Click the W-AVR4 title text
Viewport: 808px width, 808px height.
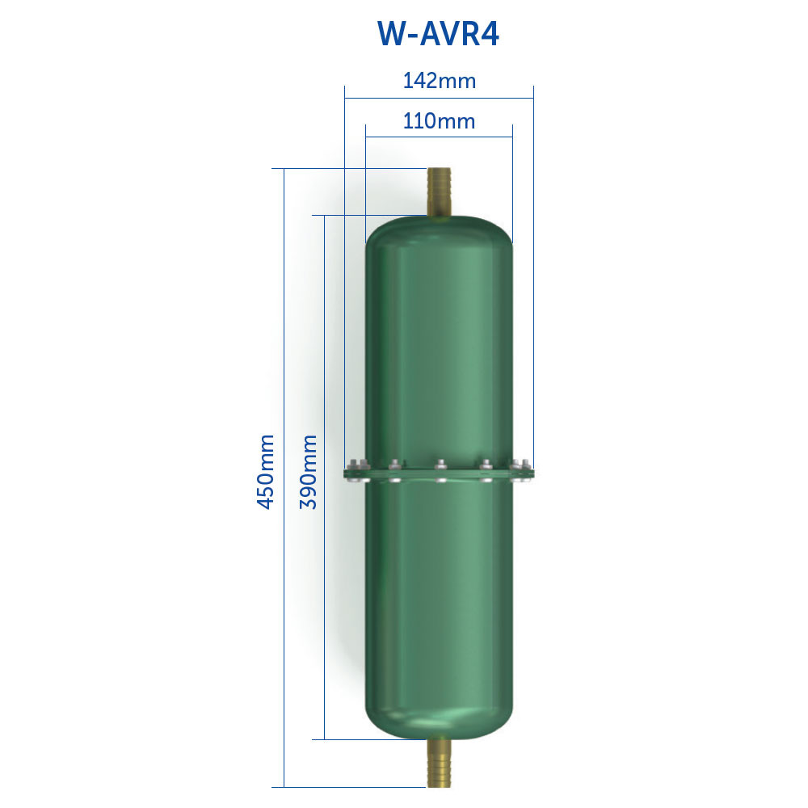click(x=439, y=35)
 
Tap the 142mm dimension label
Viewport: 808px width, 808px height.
click(x=439, y=81)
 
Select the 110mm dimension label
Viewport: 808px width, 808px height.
click(x=439, y=121)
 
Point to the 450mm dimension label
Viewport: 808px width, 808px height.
click(x=265, y=472)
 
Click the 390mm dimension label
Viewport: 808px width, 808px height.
click(x=308, y=472)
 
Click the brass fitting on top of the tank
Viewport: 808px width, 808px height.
click(x=439, y=192)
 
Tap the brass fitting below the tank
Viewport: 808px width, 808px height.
click(x=439, y=764)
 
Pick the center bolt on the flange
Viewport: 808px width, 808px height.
click(x=440, y=471)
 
